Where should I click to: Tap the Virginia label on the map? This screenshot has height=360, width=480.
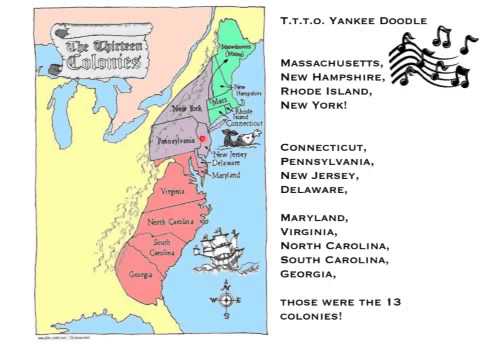click(172, 191)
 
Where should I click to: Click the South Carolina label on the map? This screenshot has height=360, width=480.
click(164, 245)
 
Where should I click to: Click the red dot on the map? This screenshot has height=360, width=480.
click(203, 138)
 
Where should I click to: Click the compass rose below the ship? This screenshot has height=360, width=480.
click(225, 299)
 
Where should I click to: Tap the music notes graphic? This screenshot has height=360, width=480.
click(430, 57)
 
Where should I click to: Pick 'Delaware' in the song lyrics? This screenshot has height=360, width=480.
click(313, 188)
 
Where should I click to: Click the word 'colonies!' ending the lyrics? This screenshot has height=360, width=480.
click(311, 316)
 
